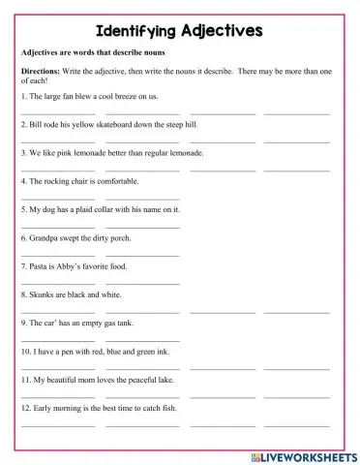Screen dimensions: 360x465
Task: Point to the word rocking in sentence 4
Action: pyautogui.click(x=55, y=180)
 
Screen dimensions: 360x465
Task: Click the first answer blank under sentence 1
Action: pyautogui.click(x=57, y=112)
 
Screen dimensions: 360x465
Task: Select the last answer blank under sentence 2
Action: pyautogui.click(x=296, y=140)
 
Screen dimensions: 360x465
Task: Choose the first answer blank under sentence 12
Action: pyautogui.click(x=57, y=424)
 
